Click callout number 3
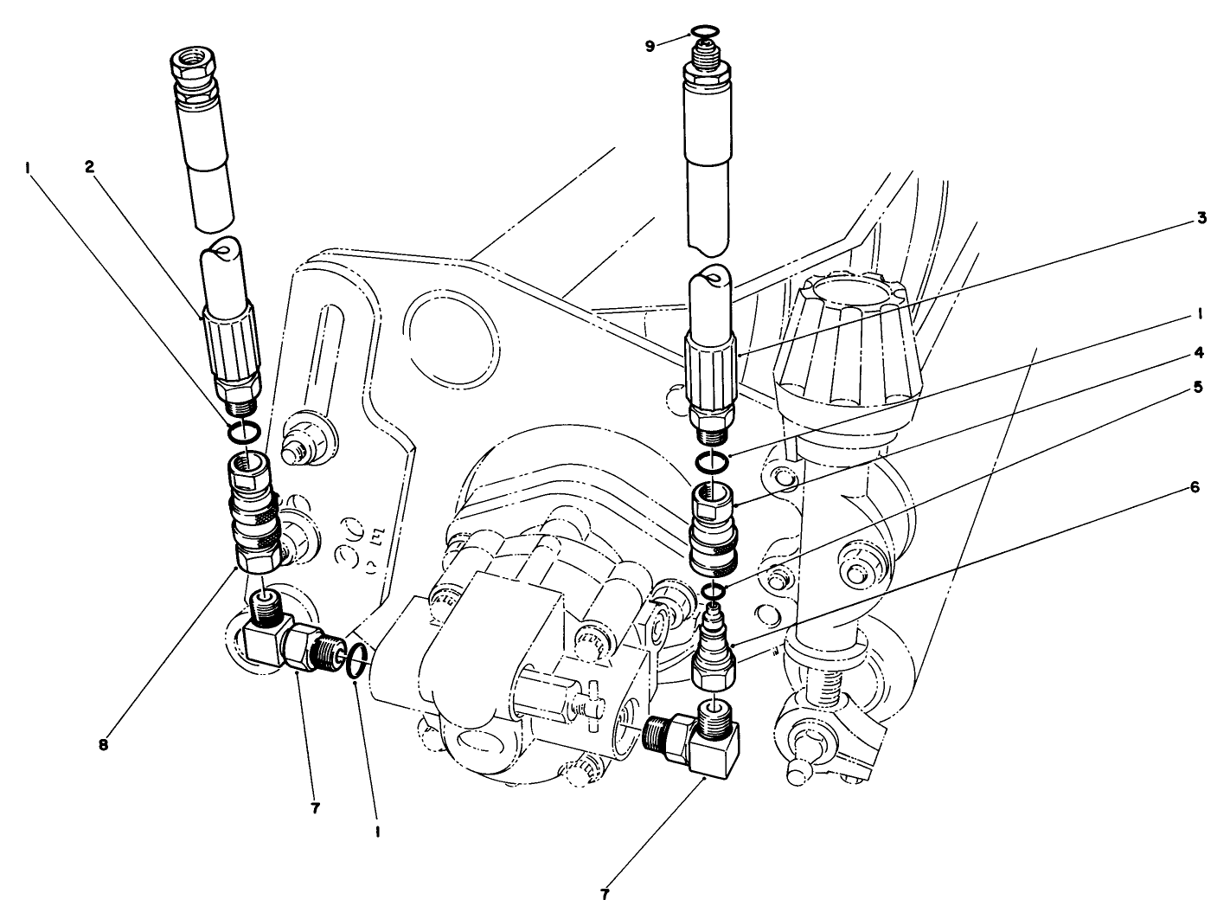1201,219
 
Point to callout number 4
1199,353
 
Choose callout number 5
1199,387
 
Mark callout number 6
1195,487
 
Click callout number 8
103,743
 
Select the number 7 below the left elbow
316,808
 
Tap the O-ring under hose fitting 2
244,430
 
